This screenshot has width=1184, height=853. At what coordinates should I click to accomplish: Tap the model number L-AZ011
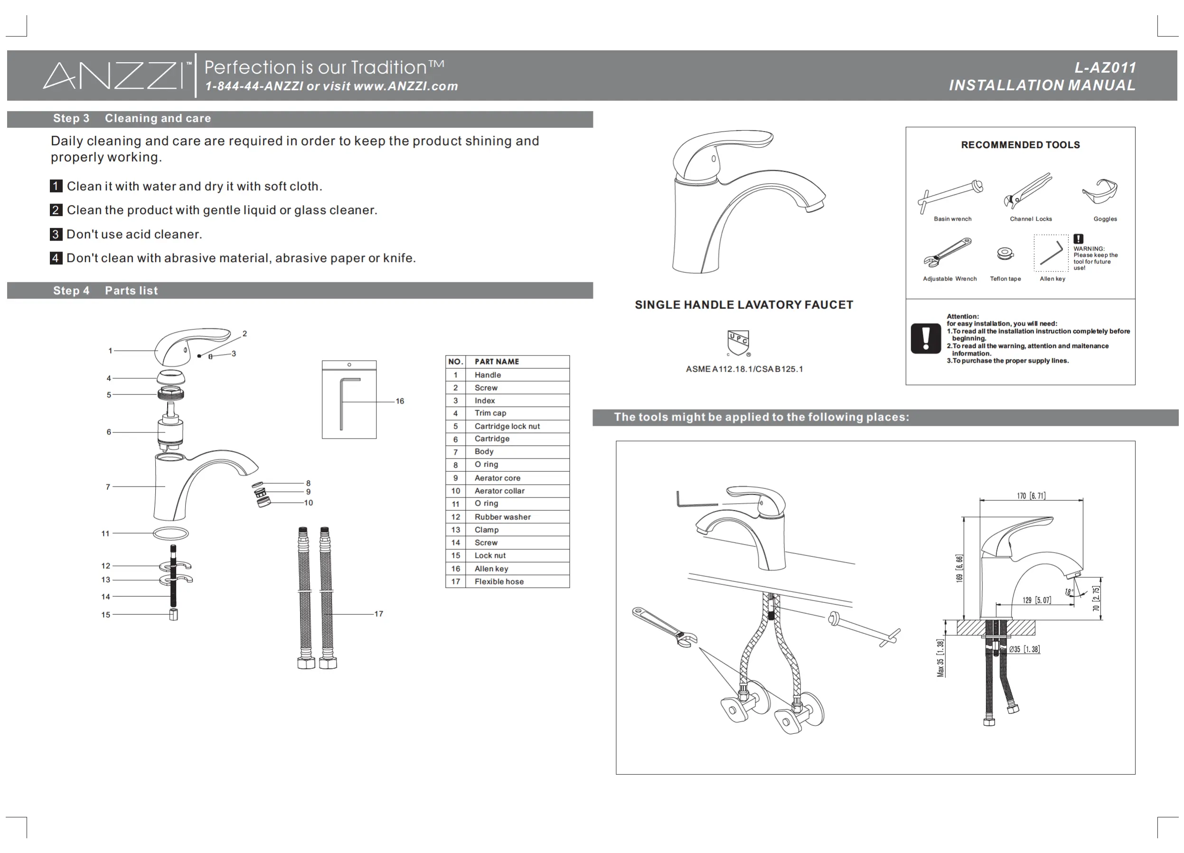click(1105, 68)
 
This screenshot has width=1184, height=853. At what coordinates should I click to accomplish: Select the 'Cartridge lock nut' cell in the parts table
click(507, 426)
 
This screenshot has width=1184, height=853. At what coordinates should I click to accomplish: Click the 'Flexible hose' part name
click(498, 581)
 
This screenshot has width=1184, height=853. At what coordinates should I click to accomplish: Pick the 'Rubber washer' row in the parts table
click(502, 517)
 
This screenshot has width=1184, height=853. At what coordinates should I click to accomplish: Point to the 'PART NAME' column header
click(497, 361)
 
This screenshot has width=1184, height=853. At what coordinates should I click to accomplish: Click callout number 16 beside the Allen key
click(400, 401)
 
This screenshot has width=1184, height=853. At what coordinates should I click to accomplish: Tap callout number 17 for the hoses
click(378, 614)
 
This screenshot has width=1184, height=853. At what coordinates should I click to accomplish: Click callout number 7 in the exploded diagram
click(108, 487)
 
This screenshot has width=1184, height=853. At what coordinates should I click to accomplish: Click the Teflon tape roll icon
click(1005, 253)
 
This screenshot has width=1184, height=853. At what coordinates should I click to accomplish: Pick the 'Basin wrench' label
click(952, 219)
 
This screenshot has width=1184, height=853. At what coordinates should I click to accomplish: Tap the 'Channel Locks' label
click(1031, 219)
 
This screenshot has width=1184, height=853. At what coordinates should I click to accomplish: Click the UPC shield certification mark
click(738, 342)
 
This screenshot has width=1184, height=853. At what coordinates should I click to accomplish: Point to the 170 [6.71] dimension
click(1031, 496)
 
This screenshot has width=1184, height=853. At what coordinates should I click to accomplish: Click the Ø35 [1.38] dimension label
click(1024, 649)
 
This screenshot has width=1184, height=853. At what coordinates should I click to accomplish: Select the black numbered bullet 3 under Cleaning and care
click(56, 234)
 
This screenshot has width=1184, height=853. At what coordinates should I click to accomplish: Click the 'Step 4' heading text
click(71, 291)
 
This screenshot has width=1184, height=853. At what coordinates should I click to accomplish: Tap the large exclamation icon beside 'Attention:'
click(926, 338)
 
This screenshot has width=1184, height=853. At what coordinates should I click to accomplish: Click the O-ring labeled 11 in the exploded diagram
click(171, 534)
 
